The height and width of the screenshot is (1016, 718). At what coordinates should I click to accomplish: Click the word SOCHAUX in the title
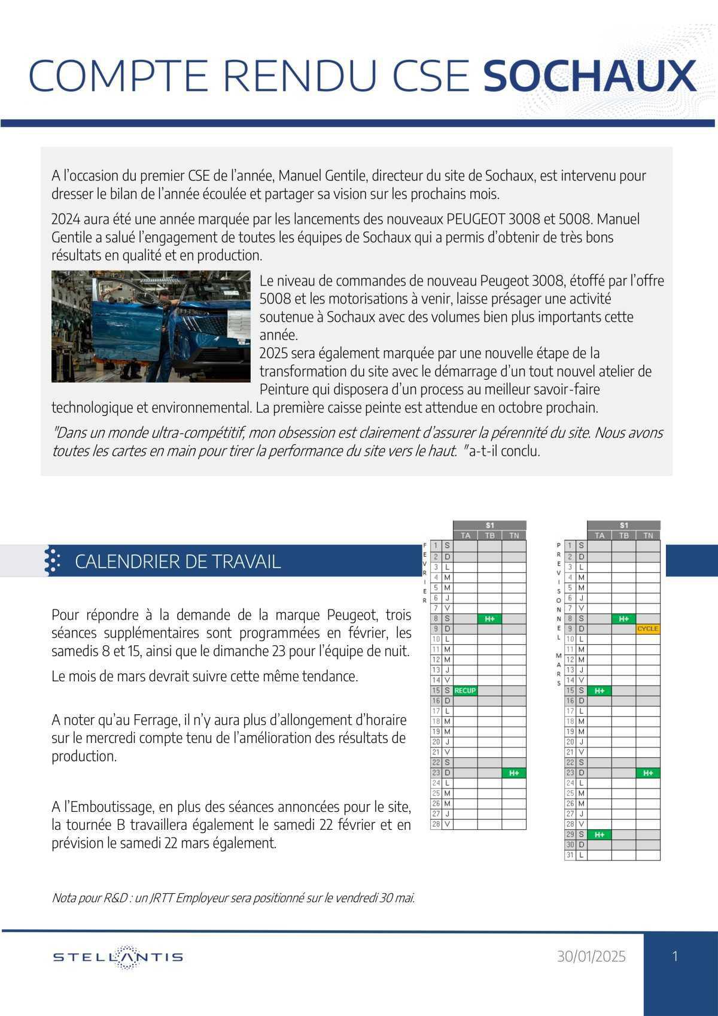click(589, 75)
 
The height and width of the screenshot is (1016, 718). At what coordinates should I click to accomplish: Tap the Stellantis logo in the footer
click(118, 957)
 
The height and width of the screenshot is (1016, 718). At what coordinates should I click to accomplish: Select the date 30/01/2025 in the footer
click(591, 957)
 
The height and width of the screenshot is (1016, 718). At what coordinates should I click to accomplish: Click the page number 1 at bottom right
click(676, 956)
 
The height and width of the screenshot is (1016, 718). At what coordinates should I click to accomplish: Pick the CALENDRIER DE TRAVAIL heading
click(178, 562)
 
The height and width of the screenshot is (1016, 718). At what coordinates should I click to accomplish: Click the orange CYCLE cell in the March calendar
click(648, 629)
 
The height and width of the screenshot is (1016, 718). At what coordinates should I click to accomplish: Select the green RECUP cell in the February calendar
click(466, 690)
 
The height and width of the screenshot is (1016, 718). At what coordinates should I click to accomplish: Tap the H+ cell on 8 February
click(489, 618)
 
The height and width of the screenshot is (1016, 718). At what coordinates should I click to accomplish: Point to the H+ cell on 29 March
click(600, 834)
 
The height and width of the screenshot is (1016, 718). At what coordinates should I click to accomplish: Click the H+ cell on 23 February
click(514, 773)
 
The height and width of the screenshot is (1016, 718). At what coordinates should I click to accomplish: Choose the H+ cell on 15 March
click(600, 690)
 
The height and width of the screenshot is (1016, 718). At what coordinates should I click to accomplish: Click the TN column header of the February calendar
click(514, 535)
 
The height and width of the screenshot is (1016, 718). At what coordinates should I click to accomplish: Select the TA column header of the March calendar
click(600, 535)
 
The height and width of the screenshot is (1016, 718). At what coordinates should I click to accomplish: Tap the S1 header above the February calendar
click(489, 525)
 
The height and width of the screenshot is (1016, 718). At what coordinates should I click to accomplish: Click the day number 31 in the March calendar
click(570, 855)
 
